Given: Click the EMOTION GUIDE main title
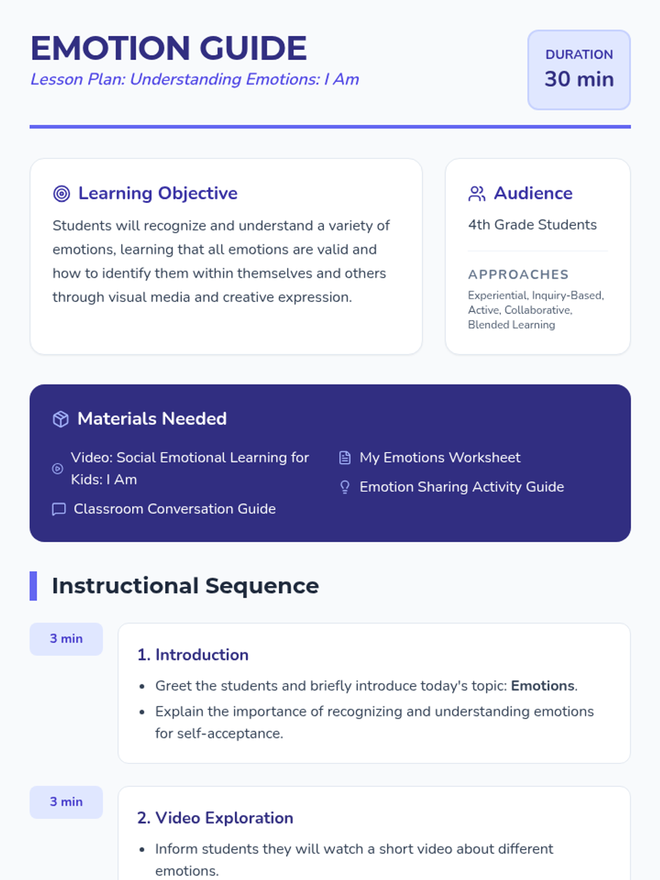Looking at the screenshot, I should pyautogui.click(x=168, y=48).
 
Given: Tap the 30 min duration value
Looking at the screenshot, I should pyautogui.click(x=579, y=79).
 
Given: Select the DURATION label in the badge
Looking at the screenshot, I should pyautogui.click(x=579, y=54).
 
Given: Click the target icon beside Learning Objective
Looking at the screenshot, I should pyautogui.click(x=62, y=194).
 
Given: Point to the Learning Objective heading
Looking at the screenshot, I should pyautogui.click(x=158, y=193).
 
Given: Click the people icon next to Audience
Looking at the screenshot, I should pyautogui.click(x=476, y=194).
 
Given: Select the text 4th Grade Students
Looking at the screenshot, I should pyautogui.click(x=532, y=224).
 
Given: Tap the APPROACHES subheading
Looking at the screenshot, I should pyautogui.click(x=518, y=274).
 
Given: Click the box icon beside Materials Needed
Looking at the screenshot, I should pyautogui.click(x=61, y=419).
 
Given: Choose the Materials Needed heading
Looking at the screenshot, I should pyautogui.click(x=152, y=419).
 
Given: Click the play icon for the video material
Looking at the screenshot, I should pyautogui.click(x=57, y=469).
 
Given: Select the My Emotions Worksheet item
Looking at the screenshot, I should pyautogui.click(x=439, y=458).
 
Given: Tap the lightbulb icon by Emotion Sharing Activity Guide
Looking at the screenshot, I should pyautogui.click(x=345, y=487).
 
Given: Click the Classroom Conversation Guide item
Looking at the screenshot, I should pyautogui.click(x=174, y=509).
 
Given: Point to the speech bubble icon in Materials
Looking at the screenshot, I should pyautogui.click(x=59, y=509).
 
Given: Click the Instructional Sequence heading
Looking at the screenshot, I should pyautogui.click(x=185, y=586).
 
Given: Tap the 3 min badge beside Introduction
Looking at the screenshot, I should pyautogui.click(x=66, y=639).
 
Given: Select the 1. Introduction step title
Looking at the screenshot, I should pyautogui.click(x=193, y=654).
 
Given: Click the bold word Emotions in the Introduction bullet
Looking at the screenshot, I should pyautogui.click(x=542, y=686).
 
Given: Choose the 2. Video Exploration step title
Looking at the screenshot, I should pyautogui.click(x=215, y=818).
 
